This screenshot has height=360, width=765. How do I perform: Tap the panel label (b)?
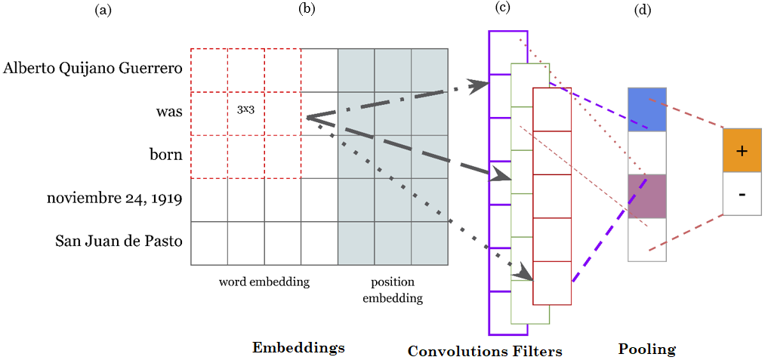click(306, 9)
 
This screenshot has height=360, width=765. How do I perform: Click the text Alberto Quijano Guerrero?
click(93, 69)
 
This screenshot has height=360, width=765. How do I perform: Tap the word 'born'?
click(167, 155)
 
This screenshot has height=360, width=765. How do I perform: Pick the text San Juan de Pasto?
click(119, 242)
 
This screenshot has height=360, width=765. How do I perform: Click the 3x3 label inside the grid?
click(245, 110)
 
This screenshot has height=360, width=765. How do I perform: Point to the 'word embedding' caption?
click(264, 282)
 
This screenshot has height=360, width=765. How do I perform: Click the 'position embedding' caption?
click(393, 290)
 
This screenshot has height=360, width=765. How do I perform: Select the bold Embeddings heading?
click(298, 348)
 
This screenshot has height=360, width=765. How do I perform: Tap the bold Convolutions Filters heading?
click(485, 351)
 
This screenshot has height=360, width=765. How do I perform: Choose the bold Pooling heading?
click(646, 349)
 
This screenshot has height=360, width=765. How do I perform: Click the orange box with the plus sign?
click(742, 150)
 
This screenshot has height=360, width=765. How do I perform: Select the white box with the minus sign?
click(742, 194)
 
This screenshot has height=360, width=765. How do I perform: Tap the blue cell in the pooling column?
click(646, 109)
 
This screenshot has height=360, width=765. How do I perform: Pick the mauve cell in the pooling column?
click(646, 196)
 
